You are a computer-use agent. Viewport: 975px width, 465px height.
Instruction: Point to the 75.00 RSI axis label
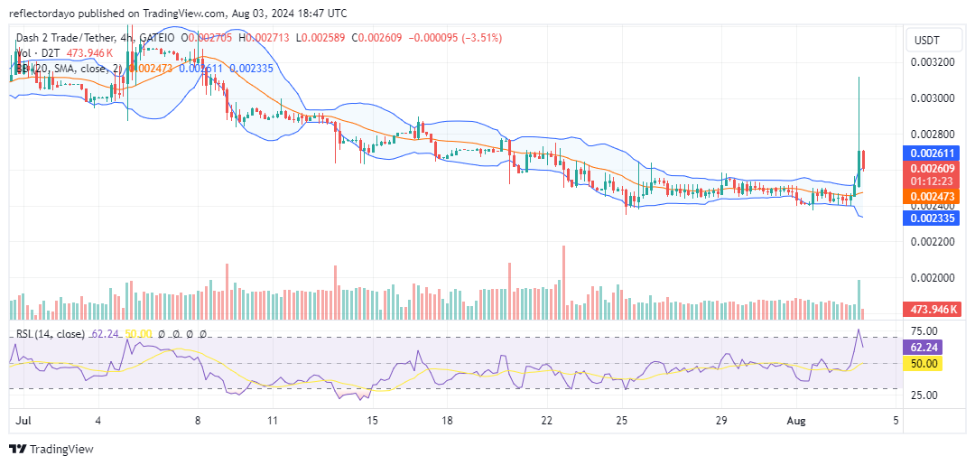[924, 331]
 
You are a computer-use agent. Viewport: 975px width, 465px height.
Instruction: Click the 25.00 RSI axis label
[924, 395]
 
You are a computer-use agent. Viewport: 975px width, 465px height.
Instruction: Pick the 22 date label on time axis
[546, 421]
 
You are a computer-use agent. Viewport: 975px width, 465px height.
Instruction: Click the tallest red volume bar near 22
[563, 282]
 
